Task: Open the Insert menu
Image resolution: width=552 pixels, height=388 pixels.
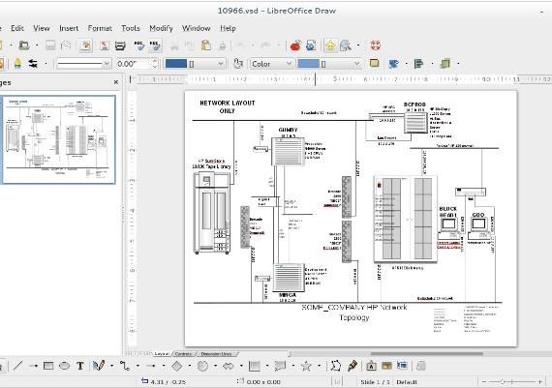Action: coord(69,28)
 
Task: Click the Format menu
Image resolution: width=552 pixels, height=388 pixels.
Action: coord(100,28)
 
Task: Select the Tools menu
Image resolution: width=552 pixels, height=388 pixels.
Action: coord(130,28)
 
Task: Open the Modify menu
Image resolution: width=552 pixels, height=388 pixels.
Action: coord(162,28)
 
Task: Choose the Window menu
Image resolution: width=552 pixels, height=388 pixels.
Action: coord(196,28)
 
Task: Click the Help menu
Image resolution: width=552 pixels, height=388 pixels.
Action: coord(228,28)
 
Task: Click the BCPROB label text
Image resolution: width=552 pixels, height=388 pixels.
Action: coord(414,104)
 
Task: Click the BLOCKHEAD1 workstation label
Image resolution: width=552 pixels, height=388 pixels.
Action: coord(448,213)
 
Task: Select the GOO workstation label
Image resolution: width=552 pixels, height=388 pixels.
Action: coord(478,213)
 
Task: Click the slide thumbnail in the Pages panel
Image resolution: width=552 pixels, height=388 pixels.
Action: coord(59,139)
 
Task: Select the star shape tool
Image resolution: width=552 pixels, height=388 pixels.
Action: coord(305,366)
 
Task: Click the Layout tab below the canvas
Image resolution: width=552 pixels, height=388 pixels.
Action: coord(162,354)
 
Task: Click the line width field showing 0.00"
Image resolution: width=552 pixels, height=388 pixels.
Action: coord(131,64)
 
